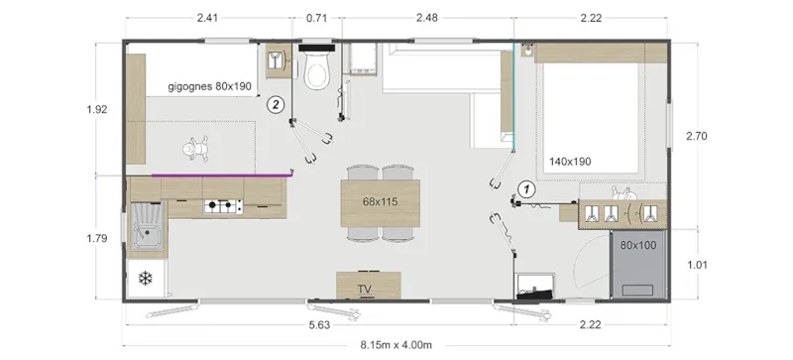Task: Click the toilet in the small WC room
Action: [318, 70]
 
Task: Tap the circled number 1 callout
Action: [527, 187]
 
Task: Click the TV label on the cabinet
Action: [365, 289]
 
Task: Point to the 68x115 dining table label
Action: [380, 202]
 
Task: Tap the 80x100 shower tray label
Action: [637, 243]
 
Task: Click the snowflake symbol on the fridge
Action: [145, 278]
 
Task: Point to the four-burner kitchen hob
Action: [223, 206]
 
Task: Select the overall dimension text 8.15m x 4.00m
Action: [396, 344]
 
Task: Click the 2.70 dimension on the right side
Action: [698, 139]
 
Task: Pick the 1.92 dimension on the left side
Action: [96, 110]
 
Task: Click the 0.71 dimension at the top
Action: [317, 18]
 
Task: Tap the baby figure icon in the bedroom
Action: [194, 149]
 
